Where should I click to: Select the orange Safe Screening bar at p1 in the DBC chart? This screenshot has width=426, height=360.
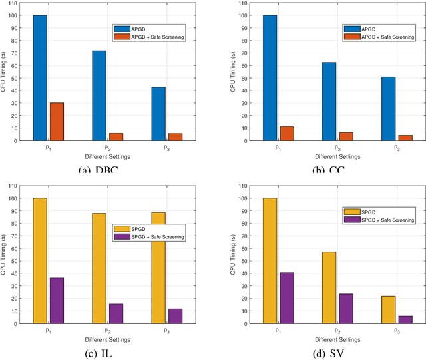57,122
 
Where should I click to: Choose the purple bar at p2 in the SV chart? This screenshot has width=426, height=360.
346,309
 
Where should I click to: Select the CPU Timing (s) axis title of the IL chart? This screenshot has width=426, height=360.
5,254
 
